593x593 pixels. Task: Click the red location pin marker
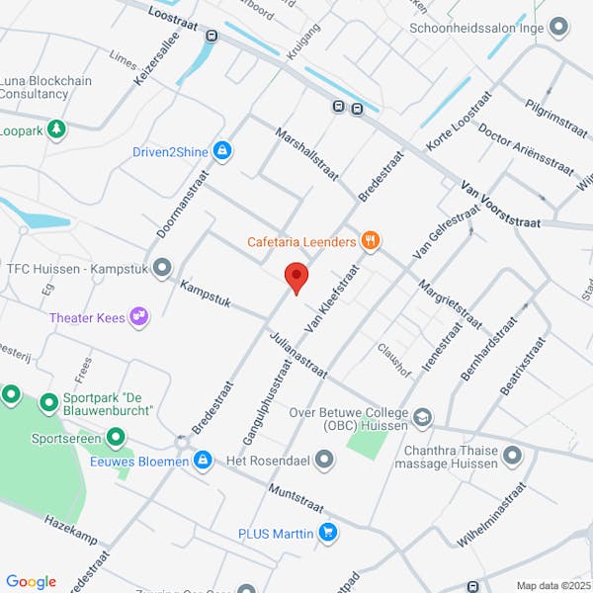click(296, 278)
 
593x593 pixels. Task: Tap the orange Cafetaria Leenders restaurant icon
click(371, 239)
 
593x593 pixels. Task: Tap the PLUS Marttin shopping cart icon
click(328, 534)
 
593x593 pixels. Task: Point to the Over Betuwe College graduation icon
click(423, 418)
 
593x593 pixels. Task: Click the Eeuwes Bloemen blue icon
click(203, 460)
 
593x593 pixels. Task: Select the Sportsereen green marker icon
click(116, 436)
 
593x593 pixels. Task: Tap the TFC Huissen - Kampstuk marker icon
click(162, 267)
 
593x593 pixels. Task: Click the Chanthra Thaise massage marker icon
click(512, 456)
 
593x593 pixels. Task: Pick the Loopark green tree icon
click(57, 129)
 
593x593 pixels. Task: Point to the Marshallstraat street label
click(308, 154)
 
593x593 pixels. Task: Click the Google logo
click(31, 582)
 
